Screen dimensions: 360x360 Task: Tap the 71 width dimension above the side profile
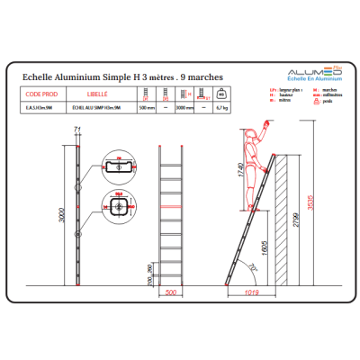pos(77,131)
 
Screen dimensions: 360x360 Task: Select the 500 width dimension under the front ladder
pos(171,292)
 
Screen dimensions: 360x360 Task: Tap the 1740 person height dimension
pos(238,171)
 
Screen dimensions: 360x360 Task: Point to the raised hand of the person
pos(265,119)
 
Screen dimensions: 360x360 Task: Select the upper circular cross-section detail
pos(118,167)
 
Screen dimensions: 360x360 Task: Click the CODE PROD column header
pos(42,93)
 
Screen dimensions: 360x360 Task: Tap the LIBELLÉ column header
pos(98,93)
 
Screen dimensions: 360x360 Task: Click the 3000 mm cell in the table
pos(184,108)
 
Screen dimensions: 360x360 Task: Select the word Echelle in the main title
pos(39,78)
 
